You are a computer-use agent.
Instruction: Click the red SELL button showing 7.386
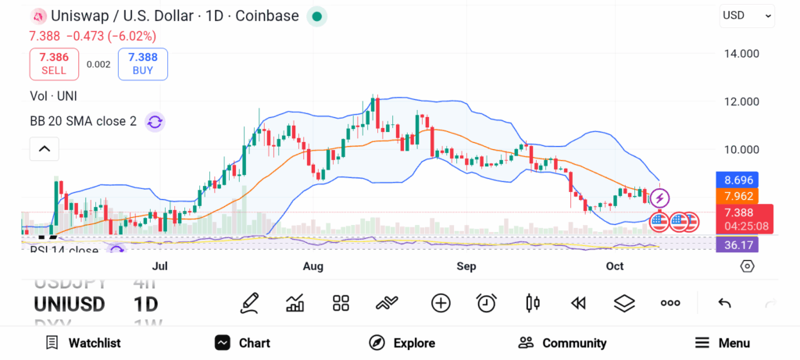point(54,64)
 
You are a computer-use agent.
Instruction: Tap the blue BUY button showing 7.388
point(143,64)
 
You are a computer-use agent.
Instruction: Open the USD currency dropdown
point(747,15)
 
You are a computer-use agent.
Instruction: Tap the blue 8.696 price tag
point(738,180)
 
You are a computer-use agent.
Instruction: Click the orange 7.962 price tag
point(738,195)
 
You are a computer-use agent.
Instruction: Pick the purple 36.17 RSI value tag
point(737,244)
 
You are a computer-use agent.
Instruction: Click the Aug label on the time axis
point(312,266)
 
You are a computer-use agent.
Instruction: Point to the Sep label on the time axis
point(466,266)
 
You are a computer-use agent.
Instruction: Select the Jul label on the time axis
point(160,266)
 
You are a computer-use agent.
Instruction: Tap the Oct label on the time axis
point(615,266)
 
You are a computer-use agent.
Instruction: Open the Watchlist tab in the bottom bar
point(83,343)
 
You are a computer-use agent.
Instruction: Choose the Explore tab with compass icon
point(402,343)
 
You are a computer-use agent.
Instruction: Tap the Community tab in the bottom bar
point(562,343)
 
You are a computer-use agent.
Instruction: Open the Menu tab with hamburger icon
point(723,343)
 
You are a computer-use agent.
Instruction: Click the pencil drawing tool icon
point(250,303)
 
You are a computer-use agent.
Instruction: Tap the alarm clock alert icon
point(487,303)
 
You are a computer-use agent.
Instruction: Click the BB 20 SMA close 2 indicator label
point(84,121)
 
